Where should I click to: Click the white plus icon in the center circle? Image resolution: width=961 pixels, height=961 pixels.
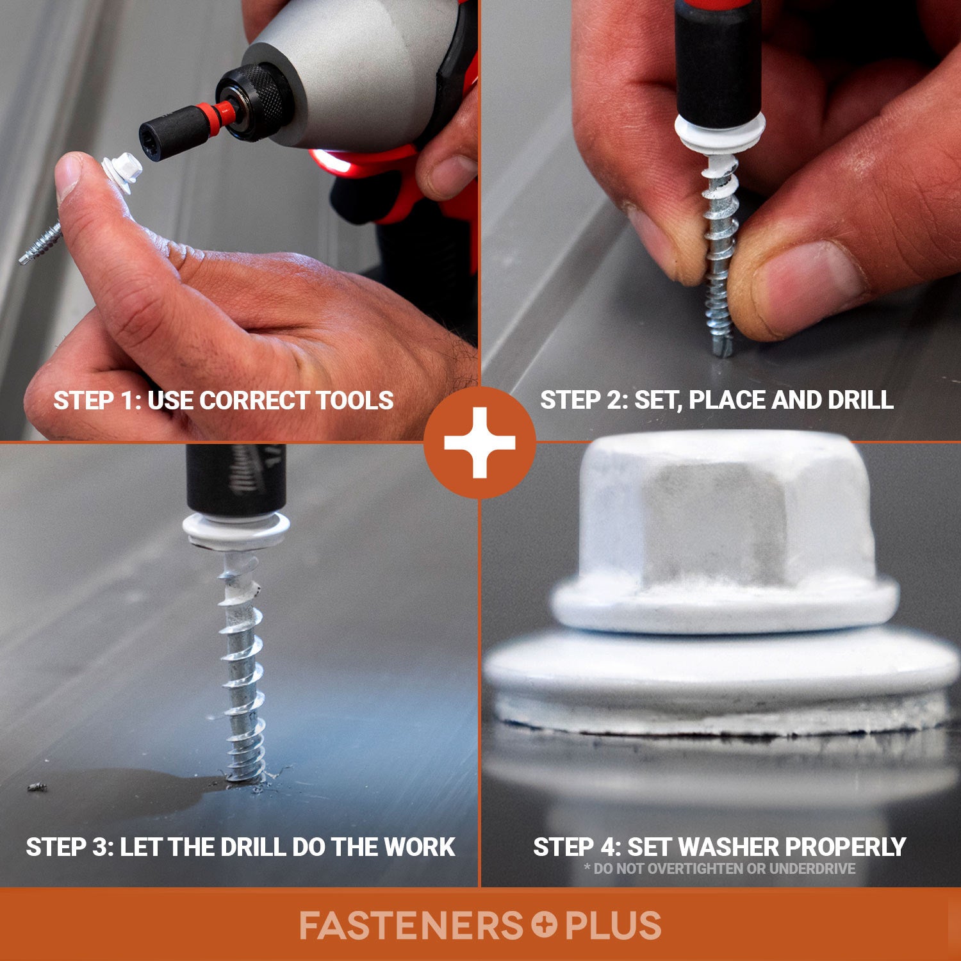point(480,443)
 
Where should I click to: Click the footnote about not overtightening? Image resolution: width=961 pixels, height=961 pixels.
point(719,869)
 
